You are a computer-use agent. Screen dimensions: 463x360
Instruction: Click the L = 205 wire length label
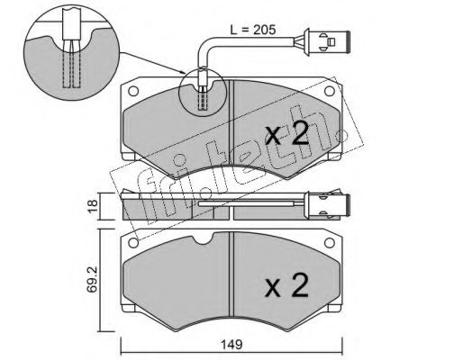pyautogui.click(x=252, y=30)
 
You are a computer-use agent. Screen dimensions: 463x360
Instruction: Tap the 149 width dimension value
pyautogui.click(x=232, y=345)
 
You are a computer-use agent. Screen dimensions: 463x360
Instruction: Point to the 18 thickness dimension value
pyautogui.click(x=94, y=206)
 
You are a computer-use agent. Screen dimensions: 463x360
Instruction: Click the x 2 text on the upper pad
pyautogui.click(x=286, y=134)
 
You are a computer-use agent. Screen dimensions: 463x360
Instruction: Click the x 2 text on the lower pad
pyautogui.click(x=286, y=285)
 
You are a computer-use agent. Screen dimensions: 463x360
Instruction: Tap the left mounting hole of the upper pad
pyautogui.click(x=133, y=91)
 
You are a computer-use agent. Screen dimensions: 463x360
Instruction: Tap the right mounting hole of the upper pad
pyautogui.click(x=330, y=91)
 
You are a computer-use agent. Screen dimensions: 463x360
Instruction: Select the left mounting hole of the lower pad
pyautogui.click(x=133, y=243)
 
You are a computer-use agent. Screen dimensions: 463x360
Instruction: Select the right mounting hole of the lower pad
pyautogui.click(x=330, y=243)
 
